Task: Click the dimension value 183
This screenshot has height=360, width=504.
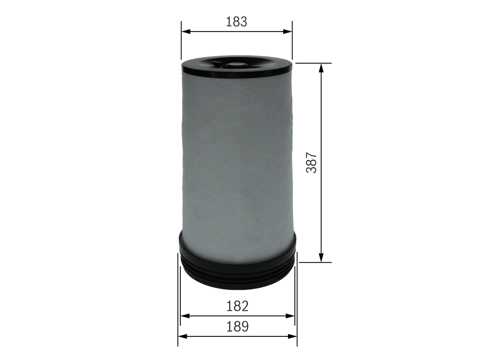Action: [x=236, y=22]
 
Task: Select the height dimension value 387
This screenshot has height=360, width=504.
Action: [x=312, y=162]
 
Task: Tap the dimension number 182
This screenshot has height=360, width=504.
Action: [x=237, y=306]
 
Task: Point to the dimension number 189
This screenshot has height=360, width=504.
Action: [x=237, y=327]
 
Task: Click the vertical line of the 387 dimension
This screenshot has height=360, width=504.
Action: [x=321, y=118]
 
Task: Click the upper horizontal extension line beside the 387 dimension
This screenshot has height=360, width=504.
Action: [x=311, y=63]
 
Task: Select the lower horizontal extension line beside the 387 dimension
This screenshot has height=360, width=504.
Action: [x=311, y=262]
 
